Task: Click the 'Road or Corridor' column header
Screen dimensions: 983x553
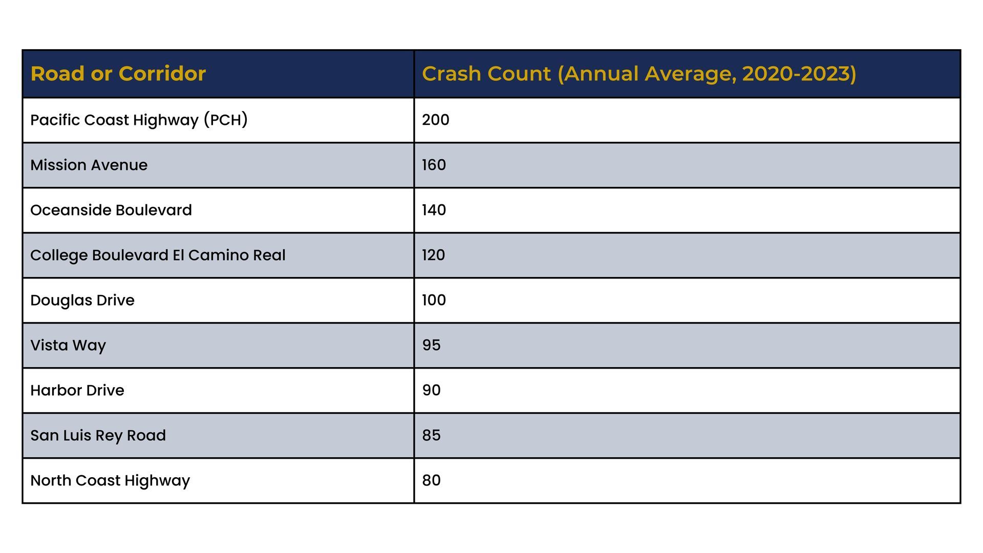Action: (118, 74)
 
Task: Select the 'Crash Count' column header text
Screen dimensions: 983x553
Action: (639, 74)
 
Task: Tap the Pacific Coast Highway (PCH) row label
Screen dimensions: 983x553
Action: (139, 120)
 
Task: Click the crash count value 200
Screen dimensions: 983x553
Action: (436, 120)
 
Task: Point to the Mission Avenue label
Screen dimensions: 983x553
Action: (89, 165)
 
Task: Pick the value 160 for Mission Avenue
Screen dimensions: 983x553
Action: (434, 165)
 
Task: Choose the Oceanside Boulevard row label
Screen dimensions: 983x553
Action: (111, 210)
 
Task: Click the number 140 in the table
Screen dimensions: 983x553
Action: (434, 210)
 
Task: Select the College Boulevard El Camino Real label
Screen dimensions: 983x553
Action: (158, 256)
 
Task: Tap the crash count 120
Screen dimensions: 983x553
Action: (434, 255)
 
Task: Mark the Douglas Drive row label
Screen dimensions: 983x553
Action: (82, 301)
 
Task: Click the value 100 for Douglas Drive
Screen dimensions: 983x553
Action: (434, 300)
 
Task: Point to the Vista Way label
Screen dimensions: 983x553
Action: (68, 346)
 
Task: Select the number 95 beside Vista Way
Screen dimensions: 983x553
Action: (432, 345)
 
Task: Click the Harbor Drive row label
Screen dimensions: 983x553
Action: (77, 390)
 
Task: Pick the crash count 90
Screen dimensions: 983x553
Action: (432, 390)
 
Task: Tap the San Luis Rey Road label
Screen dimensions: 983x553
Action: (98, 436)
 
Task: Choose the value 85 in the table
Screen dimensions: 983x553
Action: (432, 435)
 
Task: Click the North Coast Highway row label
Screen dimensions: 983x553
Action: (110, 481)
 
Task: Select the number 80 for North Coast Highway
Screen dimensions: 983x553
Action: (432, 480)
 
